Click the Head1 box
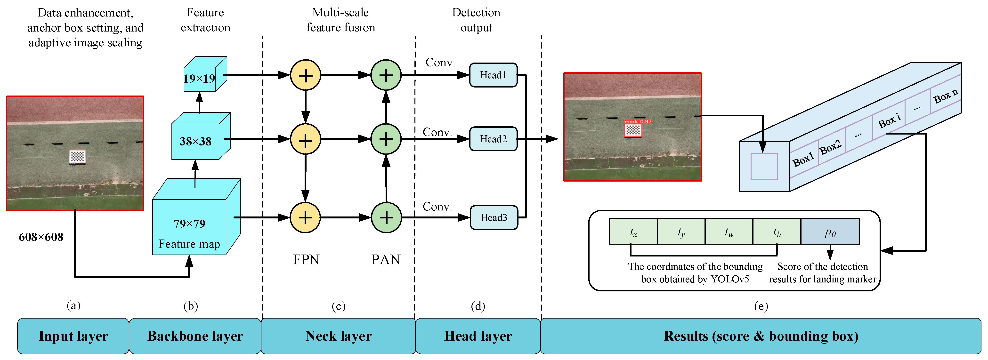coord(493,75)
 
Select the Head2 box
coord(493,139)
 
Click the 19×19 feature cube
coord(205,74)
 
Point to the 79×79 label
coord(189,224)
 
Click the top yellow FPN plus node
coord(305,75)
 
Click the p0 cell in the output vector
coord(830,232)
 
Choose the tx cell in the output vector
coord(633,232)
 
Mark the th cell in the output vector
coord(777,232)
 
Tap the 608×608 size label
coord(41,237)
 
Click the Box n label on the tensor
coord(946,96)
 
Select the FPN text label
coord(306,260)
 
